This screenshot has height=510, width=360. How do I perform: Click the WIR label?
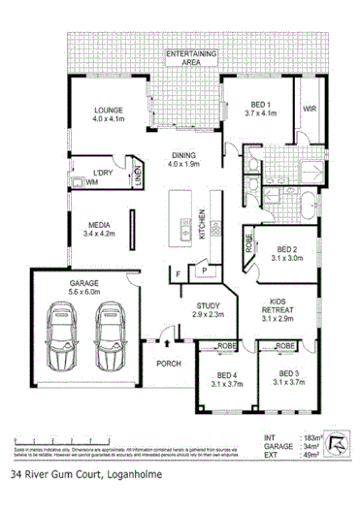point(311,109)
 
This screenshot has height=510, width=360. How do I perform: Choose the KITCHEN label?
point(202,224)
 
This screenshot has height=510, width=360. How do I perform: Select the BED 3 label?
point(287,373)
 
